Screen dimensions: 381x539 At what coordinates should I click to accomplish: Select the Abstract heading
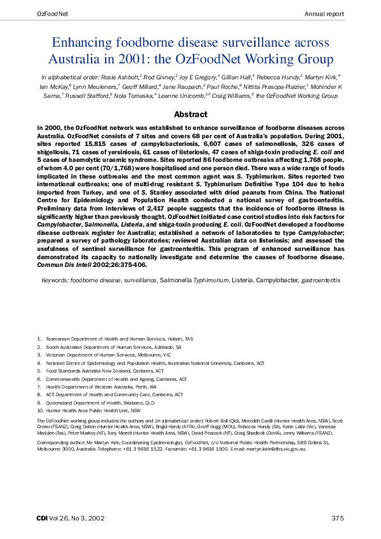coord(191,115)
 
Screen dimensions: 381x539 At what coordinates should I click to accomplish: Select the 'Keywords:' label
coord(55,280)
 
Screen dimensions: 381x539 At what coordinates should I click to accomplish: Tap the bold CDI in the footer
coord(42,517)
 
